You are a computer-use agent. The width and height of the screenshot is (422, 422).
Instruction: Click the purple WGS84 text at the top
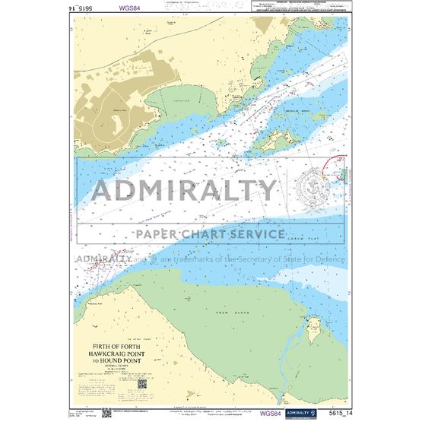pyautogui.click(x=129, y=10)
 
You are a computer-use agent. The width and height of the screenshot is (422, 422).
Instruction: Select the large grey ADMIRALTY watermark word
pyautogui.click(x=185, y=190)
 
